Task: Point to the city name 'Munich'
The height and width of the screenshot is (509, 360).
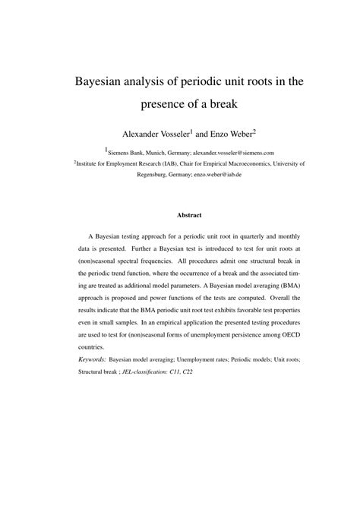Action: point(156,152)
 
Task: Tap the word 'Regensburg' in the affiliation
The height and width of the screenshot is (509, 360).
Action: point(155,173)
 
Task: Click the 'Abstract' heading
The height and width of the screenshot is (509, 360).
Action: point(179,215)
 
